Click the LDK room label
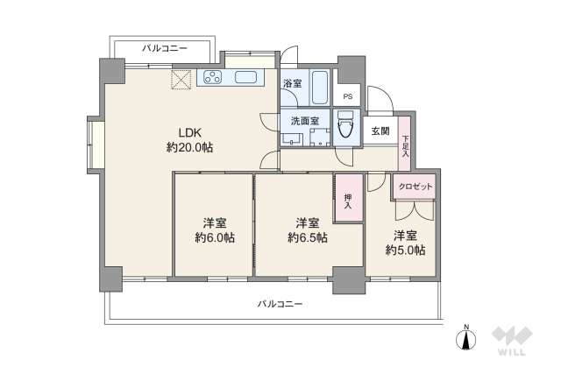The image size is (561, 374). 190,133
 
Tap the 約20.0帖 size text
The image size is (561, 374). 189,147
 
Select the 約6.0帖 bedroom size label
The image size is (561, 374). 215,237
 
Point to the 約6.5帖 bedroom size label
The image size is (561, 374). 308,237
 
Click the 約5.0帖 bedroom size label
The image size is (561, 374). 405,250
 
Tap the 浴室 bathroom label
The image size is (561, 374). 292,84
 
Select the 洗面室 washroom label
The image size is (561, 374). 305,121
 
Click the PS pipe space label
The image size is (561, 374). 348,96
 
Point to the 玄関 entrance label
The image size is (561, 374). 380,131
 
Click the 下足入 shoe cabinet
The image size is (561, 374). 405,144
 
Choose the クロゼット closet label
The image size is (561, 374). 415,187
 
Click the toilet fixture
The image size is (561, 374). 345,124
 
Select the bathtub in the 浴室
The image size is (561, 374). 320,88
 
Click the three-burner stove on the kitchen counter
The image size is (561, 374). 212,77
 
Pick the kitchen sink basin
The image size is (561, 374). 245,77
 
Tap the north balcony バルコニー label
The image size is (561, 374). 164,48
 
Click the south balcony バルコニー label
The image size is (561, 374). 280,304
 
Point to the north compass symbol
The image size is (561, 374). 465,337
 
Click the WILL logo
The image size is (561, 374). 512,341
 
